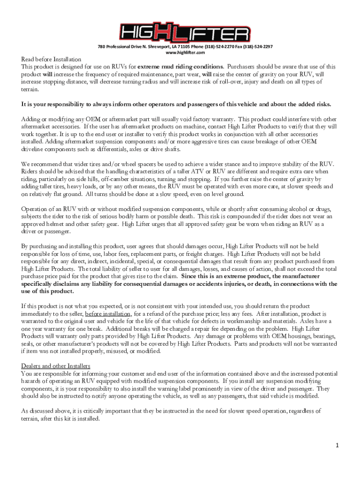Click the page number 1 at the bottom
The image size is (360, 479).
point(336,445)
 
